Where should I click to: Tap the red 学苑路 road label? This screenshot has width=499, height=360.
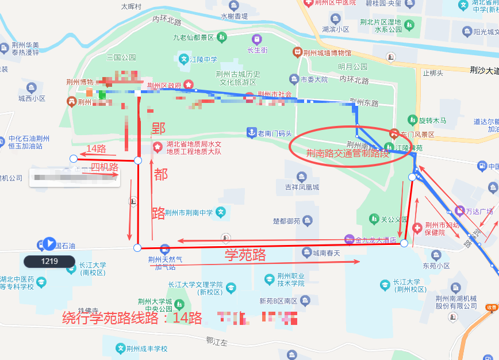[x=245, y=254]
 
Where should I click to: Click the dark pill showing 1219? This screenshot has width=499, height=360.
[x=49, y=261]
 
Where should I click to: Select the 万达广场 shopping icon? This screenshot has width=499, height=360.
[x=459, y=211]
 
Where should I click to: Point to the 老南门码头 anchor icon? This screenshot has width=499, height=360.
[x=251, y=133]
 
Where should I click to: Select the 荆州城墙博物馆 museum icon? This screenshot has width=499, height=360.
[x=297, y=52]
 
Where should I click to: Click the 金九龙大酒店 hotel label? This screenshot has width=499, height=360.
[x=377, y=239]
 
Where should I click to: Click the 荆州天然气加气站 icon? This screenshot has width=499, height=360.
[x=165, y=249]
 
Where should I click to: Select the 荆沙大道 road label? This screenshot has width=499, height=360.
[x=483, y=70]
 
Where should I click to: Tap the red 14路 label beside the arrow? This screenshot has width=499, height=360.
[x=96, y=148]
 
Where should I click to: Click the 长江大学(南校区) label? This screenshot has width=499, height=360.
[x=93, y=269]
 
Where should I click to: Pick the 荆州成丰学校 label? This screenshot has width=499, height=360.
[x=147, y=348]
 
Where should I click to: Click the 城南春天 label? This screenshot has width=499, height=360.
[x=326, y=253]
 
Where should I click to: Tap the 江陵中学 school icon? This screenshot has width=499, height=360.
[x=184, y=59]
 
